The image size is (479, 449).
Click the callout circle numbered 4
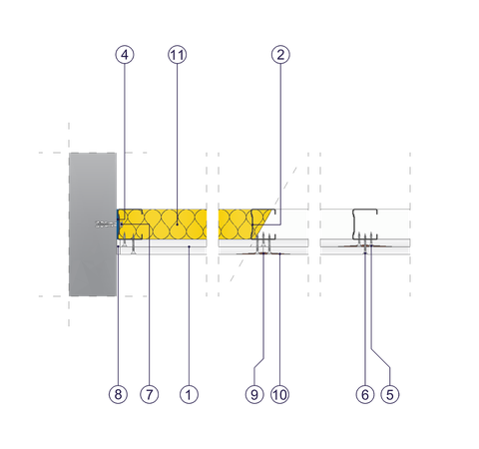pos(124,56)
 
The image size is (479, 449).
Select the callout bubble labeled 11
pos(177,56)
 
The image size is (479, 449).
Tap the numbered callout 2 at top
pos(280,56)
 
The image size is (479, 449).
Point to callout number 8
pos(119,394)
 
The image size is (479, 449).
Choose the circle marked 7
pos(149,394)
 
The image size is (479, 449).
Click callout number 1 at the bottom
pos(189,394)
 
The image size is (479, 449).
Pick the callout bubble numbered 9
pos(254,394)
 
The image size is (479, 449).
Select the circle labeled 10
pos(279,394)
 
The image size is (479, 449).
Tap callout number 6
pos(365,394)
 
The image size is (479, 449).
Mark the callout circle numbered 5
pos(390,394)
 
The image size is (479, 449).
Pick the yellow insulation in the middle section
pos(244,223)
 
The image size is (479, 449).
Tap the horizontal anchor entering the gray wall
pos(104,224)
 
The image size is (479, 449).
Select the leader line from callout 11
pos(177,140)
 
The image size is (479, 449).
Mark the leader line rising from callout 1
pos(189,319)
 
